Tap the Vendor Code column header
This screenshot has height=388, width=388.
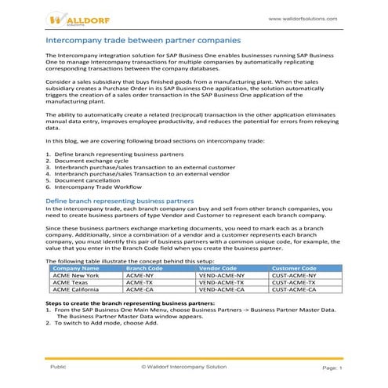[222, 268]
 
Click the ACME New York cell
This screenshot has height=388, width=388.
[74, 275]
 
